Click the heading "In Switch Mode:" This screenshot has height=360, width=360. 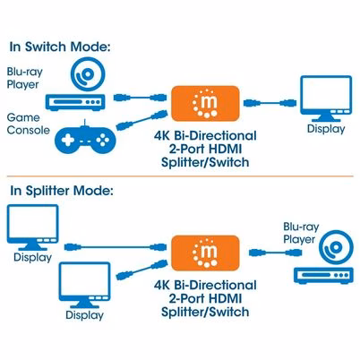tap(60, 47)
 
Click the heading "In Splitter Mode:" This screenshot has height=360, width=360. tap(62, 191)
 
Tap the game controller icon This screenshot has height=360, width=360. tap(85, 139)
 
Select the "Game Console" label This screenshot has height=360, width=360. tap(29, 124)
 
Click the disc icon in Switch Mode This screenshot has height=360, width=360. tap(88, 74)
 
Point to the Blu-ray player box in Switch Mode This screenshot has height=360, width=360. tap(75, 102)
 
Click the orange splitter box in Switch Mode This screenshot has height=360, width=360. tap(205, 103)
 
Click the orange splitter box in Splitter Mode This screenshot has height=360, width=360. tap(205, 253)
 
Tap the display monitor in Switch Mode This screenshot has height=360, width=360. tap(326, 99)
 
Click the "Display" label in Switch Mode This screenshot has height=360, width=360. tap(326, 129)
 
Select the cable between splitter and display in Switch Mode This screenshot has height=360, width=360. tap(270, 103)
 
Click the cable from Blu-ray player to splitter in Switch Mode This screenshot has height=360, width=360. tap(140, 98)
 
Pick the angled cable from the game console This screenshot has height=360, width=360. tap(141, 120)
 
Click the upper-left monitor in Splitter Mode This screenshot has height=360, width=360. tap(32, 227)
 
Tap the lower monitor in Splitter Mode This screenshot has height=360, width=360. tap(85, 285)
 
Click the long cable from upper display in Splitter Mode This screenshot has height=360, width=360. tap(116, 247)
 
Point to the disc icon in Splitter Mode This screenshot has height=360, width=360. tap(336, 247)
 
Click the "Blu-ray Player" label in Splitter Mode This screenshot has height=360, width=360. tap(301, 233)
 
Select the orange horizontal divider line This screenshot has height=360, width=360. tap(180, 176)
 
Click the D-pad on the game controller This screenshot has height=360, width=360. tap(68, 140)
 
